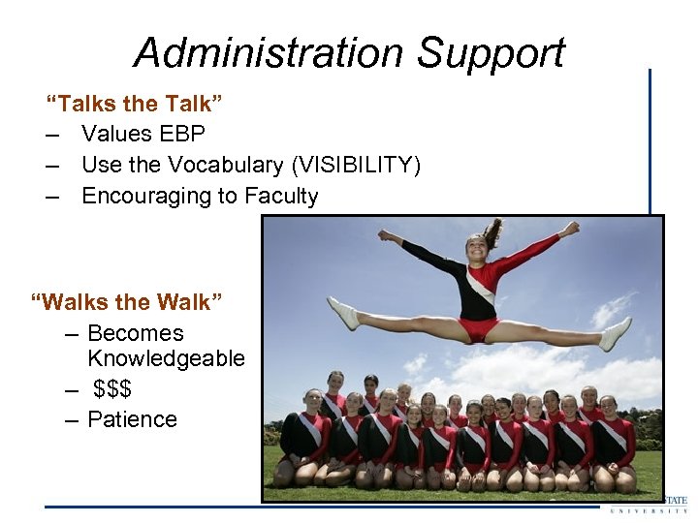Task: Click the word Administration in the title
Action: coord(270,52)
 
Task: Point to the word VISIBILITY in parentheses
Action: coord(356,165)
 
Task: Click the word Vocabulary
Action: coord(219,165)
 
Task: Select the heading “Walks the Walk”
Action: coord(127,302)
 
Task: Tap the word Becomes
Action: coord(135,333)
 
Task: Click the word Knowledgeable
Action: coord(166,358)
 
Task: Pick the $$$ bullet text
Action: coord(112,389)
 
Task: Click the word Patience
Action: coord(132,419)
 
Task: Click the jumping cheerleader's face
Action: coord(476,247)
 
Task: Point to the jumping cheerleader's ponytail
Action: coord(493,231)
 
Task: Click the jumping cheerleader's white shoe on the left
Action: coord(342,313)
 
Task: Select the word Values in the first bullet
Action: coord(113,134)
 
